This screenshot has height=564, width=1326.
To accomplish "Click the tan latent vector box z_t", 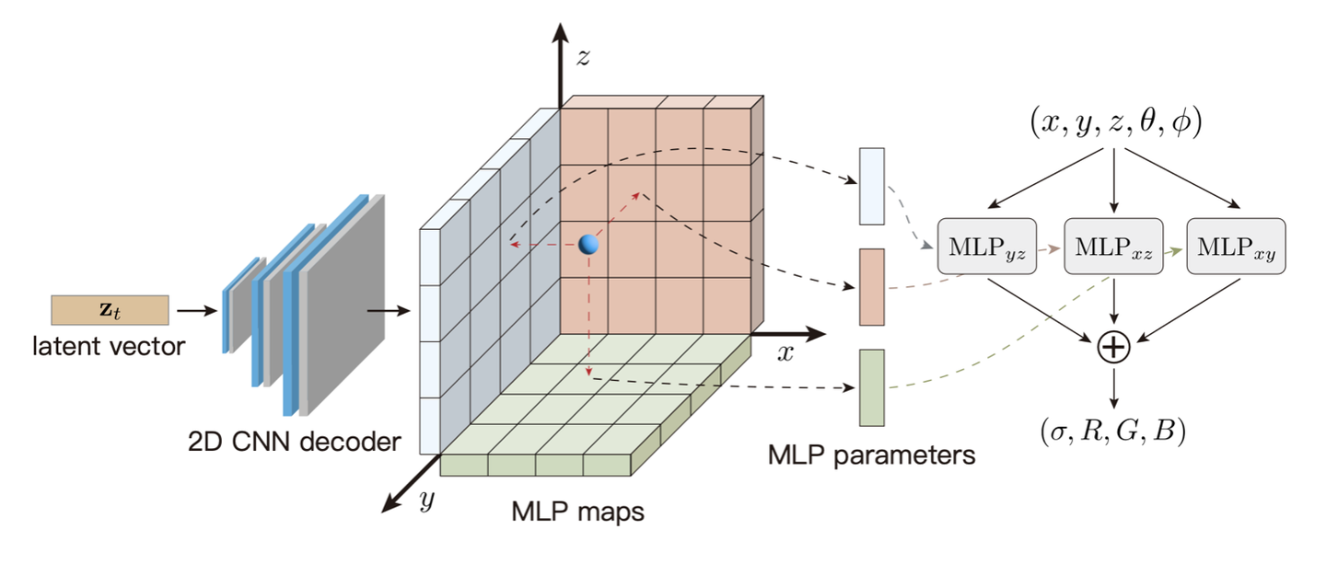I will (110, 310).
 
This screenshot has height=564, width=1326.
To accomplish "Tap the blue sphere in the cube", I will (589, 245).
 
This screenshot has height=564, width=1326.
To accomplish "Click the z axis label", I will (582, 57).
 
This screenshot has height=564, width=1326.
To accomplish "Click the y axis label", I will (425, 501).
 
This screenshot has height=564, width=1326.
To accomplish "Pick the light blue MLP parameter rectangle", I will (871, 187).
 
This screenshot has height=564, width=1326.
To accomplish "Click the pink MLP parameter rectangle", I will (871, 286).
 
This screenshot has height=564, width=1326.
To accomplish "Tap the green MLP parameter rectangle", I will (871, 387).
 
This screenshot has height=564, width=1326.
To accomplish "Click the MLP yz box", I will (987, 246).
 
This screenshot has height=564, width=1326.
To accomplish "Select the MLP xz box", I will (1113, 246).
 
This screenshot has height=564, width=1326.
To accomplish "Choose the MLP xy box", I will (1237, 246).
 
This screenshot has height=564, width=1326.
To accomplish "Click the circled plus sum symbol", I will (1113, 348).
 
